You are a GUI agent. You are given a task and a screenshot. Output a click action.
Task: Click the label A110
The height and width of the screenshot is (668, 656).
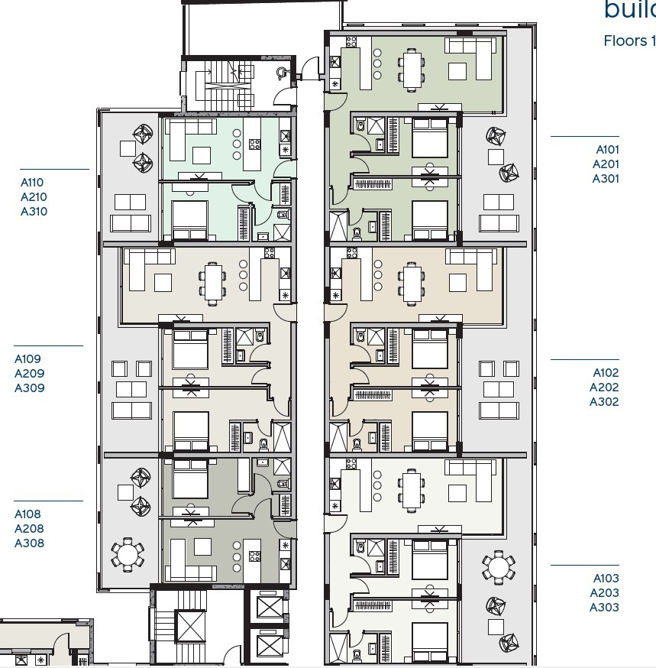tap(32, 183)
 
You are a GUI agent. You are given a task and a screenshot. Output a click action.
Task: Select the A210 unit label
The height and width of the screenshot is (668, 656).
tap(33, 197)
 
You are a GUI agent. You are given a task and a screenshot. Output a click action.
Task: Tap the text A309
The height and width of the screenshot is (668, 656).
tap(30, 388)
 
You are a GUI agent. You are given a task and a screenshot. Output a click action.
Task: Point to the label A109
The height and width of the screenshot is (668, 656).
tap(28, 359)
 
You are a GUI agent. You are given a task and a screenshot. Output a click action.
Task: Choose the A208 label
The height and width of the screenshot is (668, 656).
tap(29, 529)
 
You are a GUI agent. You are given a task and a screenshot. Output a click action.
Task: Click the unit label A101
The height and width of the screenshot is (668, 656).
tap(607, 150)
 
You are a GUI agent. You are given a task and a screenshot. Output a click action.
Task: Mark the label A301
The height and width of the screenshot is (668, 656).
tap(606, 179)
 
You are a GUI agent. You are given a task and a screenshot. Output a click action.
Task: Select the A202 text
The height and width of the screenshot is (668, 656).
tap(604, 388)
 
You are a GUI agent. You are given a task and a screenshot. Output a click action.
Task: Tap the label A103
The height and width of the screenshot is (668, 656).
tap(606, 579)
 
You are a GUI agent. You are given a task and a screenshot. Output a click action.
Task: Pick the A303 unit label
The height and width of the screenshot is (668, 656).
tap(604, 608)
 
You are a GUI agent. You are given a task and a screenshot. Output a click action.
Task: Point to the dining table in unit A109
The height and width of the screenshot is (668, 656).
tap(213, 280)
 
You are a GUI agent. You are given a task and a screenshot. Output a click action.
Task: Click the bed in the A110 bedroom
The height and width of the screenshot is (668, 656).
tap(189, 220)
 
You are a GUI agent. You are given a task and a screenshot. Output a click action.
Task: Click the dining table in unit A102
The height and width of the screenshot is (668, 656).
tap(412, 282)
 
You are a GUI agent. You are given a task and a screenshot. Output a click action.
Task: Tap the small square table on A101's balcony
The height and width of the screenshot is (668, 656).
tap(496, 157)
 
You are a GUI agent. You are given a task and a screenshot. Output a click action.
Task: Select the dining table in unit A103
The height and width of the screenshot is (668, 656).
tap(412, 489)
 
